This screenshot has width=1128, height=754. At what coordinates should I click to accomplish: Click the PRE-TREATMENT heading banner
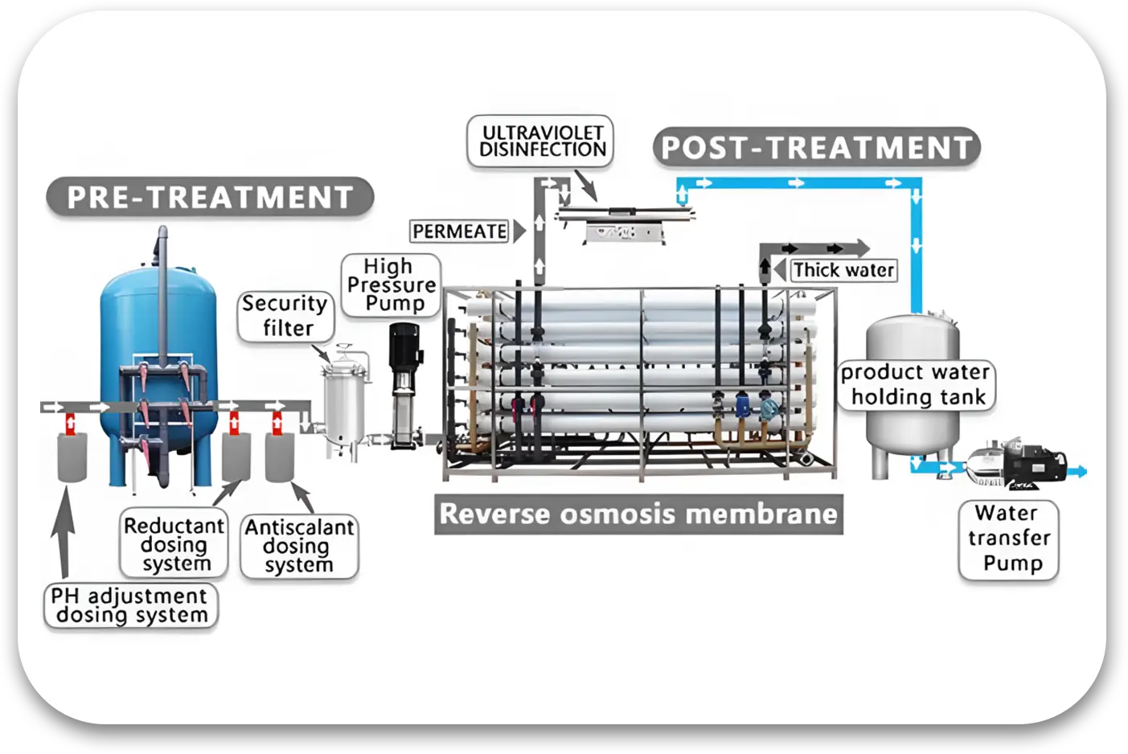coord(210,198)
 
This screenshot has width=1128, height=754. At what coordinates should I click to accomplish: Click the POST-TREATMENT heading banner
coord(816,148)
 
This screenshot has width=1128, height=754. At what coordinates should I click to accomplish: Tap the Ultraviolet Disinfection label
coord(541,141)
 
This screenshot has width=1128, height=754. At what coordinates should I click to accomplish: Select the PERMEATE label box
coord(460,232)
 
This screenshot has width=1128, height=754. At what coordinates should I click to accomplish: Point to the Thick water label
coord(843,270)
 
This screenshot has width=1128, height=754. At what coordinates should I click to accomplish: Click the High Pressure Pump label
coord(391,285)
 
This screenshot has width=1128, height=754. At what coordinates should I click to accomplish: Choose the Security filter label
coord(285,316)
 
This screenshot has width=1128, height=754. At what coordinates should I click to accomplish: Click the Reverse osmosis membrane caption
coord(638,514)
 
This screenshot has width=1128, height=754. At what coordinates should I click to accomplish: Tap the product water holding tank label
coord(916,385)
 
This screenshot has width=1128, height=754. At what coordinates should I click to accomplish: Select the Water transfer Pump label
coord(1009,539)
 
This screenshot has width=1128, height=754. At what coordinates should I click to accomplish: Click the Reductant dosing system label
coord(174,544)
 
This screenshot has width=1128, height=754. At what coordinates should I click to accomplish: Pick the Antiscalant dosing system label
coord(299,546)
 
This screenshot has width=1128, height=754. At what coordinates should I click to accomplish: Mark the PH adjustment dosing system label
coord(131,605)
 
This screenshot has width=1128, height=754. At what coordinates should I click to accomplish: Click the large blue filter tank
coord(158,338)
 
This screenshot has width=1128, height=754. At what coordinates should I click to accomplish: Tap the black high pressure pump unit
coord(403,378)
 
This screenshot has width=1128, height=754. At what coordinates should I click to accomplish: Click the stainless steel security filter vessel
coord(344,402)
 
